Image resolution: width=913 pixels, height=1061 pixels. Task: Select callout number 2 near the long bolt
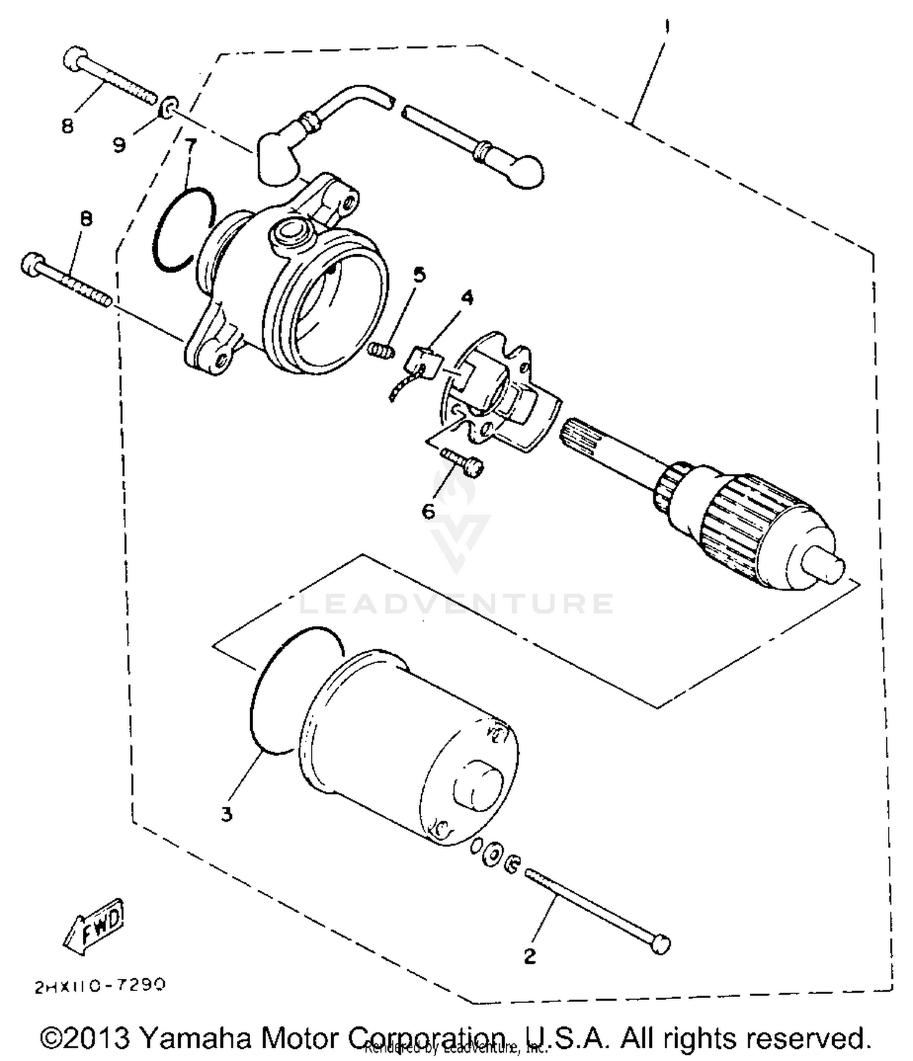(x=530, y=956)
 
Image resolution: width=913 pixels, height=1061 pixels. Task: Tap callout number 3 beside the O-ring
(x=226, y=814)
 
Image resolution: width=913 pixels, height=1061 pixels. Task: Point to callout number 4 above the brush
(x=467, y=297)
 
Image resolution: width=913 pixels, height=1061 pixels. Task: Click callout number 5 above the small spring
(x=419, y=275)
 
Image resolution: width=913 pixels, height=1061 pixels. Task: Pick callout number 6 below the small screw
(x=429, y=511)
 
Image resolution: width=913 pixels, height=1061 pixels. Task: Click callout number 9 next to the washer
(x=119, y=145)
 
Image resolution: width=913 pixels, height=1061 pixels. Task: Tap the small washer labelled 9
(x=169, y=106)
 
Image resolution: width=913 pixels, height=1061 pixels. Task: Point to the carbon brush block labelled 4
(x=422, y=364)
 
